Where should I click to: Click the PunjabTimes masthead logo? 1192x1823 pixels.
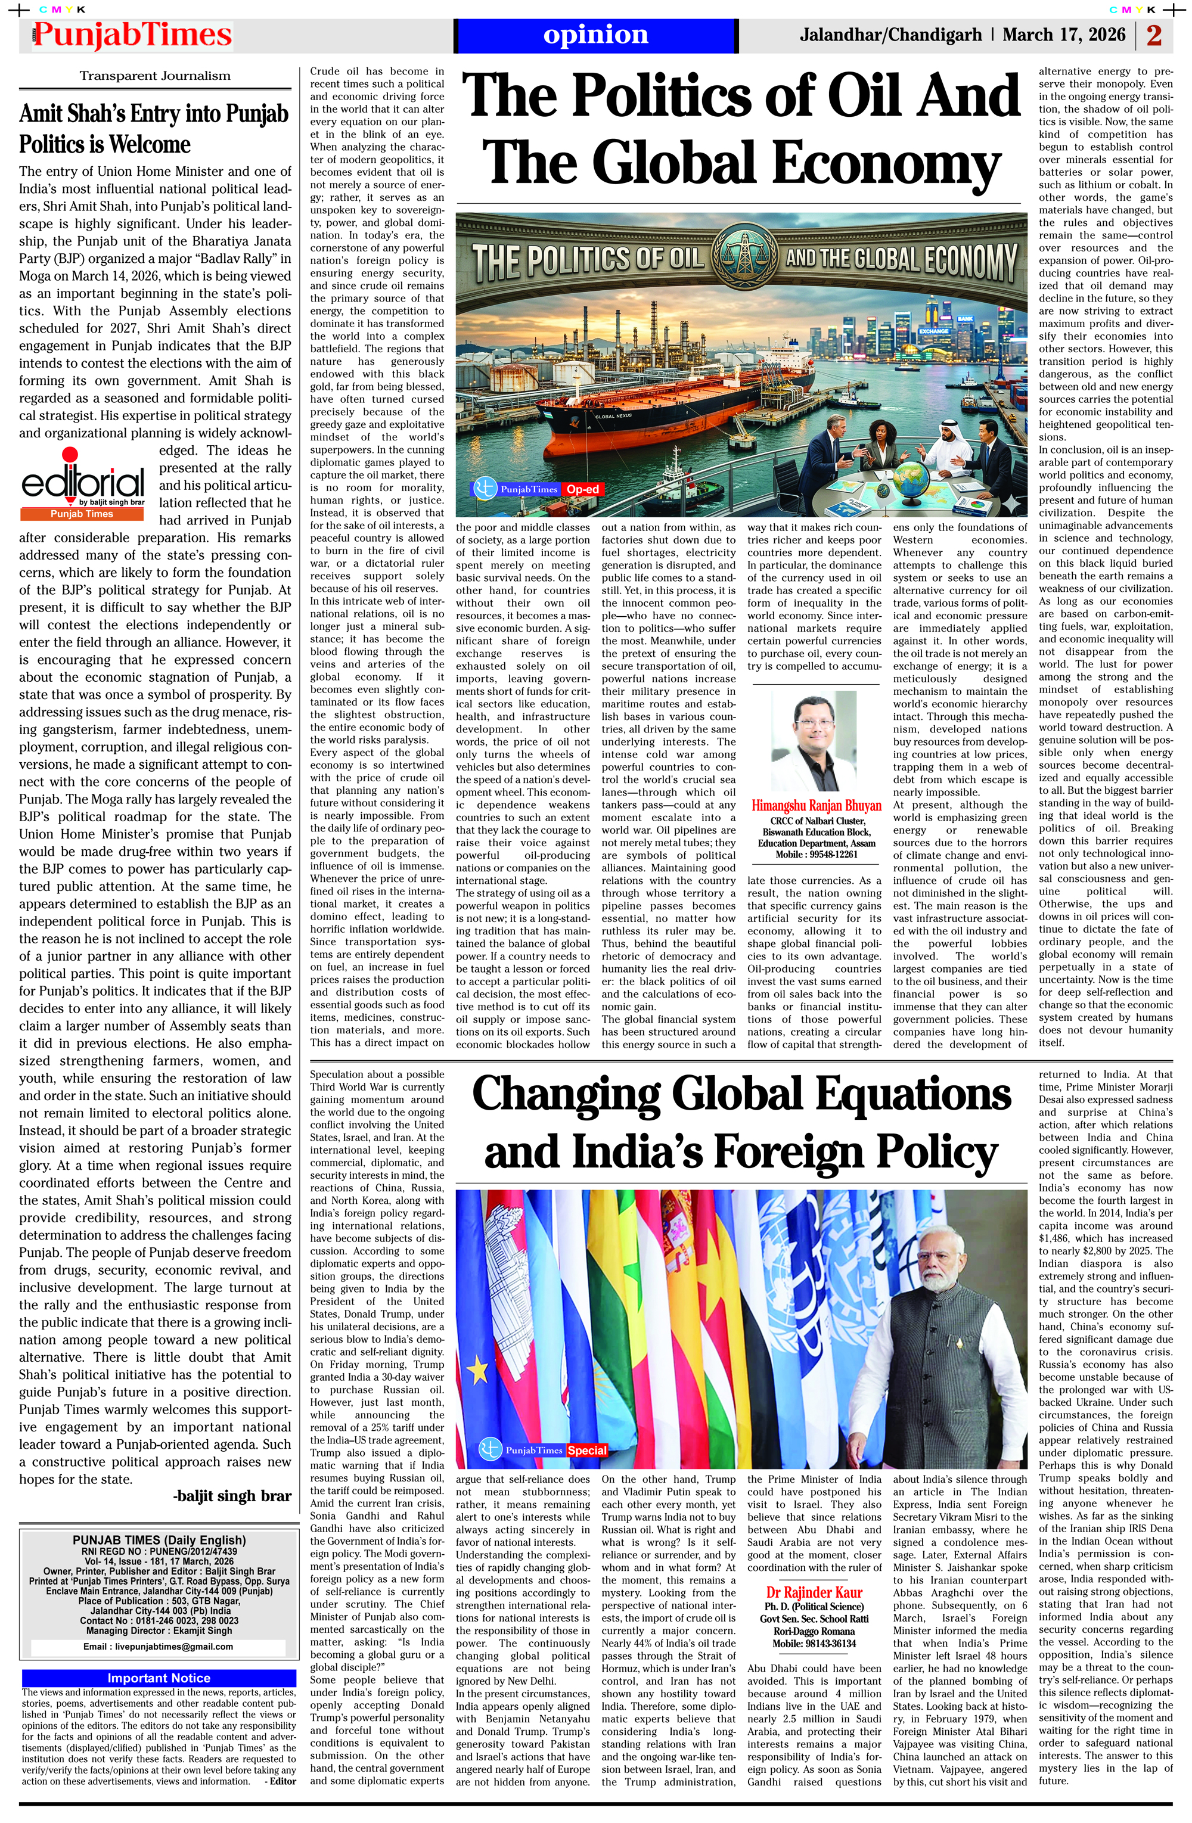tap(132, 35)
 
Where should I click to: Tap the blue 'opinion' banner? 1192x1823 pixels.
tap(595, 35)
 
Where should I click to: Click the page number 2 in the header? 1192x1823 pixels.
tap(1154, 35)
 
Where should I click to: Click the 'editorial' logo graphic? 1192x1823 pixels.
tap(83, 483)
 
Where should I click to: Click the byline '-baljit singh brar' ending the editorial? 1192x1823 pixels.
tap(233, 1496)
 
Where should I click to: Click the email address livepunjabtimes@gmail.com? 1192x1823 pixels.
tap(158, 1646)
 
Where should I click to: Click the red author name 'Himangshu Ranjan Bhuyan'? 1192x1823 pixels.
tap(816, 805)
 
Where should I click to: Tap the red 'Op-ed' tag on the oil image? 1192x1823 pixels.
tap(582, 489)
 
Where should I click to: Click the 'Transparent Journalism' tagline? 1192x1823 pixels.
tap(155, 76)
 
